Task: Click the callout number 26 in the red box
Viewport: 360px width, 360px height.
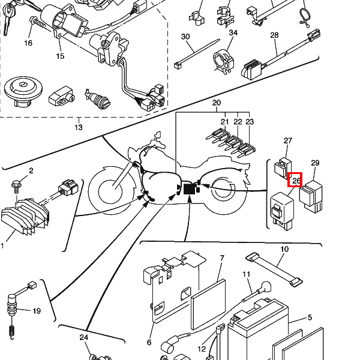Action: coord(296,181)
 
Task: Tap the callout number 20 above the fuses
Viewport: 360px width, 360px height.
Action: coord(216,103)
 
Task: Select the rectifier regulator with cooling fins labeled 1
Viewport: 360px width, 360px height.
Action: coord(25,217)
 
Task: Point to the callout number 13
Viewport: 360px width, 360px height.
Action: coord(78,127)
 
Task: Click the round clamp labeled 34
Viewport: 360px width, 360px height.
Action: coord(224,61)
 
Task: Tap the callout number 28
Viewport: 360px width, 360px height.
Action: coord(274,35)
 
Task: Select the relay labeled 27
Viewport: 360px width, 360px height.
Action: coord(283,167)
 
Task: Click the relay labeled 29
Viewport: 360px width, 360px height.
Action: coord(311,196)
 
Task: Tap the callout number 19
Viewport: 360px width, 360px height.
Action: coord(37,311)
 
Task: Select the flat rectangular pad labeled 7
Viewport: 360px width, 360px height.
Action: coord(208,304)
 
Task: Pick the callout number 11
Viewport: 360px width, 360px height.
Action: coord(246,274)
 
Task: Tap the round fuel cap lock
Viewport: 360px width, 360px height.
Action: coord(23,92)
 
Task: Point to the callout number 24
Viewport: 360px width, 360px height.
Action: coord(84,337)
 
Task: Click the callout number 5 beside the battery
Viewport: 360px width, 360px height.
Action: coord(310,317)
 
